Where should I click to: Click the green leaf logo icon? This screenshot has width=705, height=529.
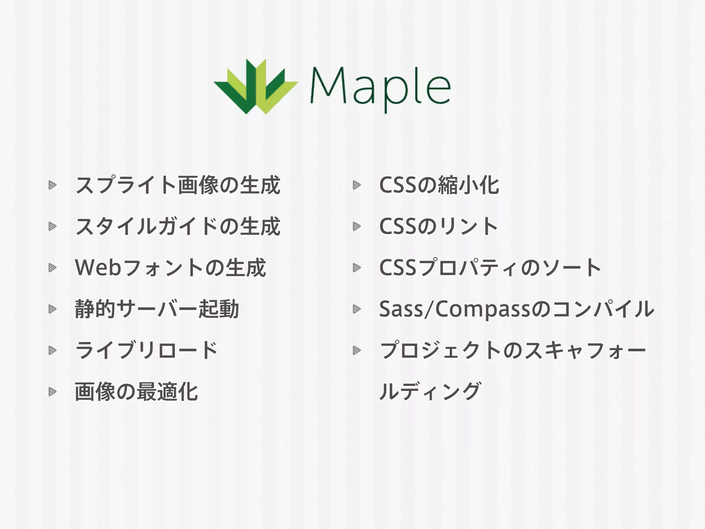[x=255, y=87]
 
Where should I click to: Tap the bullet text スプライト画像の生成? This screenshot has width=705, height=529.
[x=178, y=185]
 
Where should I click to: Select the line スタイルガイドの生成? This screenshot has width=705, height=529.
[x=178, y=227]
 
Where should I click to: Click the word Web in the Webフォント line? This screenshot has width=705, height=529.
[x=98, y=268]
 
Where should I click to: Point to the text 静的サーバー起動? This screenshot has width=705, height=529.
[x=157, y=309]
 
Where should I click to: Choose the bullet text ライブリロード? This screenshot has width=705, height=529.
[x=146, y=350]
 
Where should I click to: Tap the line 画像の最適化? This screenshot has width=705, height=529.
[x=136, y=392]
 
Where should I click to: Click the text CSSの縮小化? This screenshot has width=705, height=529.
[x=439, y=185]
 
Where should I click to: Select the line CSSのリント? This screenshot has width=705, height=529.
[x=438, y=227]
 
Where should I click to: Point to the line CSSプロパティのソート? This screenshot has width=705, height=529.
[x=490, y=268]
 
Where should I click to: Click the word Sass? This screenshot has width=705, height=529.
[x=401, y=309]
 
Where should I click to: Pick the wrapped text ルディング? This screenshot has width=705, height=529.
[x=430, y=392]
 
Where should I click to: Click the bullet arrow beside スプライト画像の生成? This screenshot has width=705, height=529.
[x=52, y=185]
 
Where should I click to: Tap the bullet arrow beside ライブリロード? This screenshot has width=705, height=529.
[x=52, y=351]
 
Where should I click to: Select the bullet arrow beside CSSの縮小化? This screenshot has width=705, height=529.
[x=357, y=185]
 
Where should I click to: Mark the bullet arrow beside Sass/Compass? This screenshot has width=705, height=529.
[x=357, y=309]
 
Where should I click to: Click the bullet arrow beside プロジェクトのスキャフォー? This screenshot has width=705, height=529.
[x=357, y=351]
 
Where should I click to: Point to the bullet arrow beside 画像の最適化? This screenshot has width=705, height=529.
[x=52, y=392]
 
